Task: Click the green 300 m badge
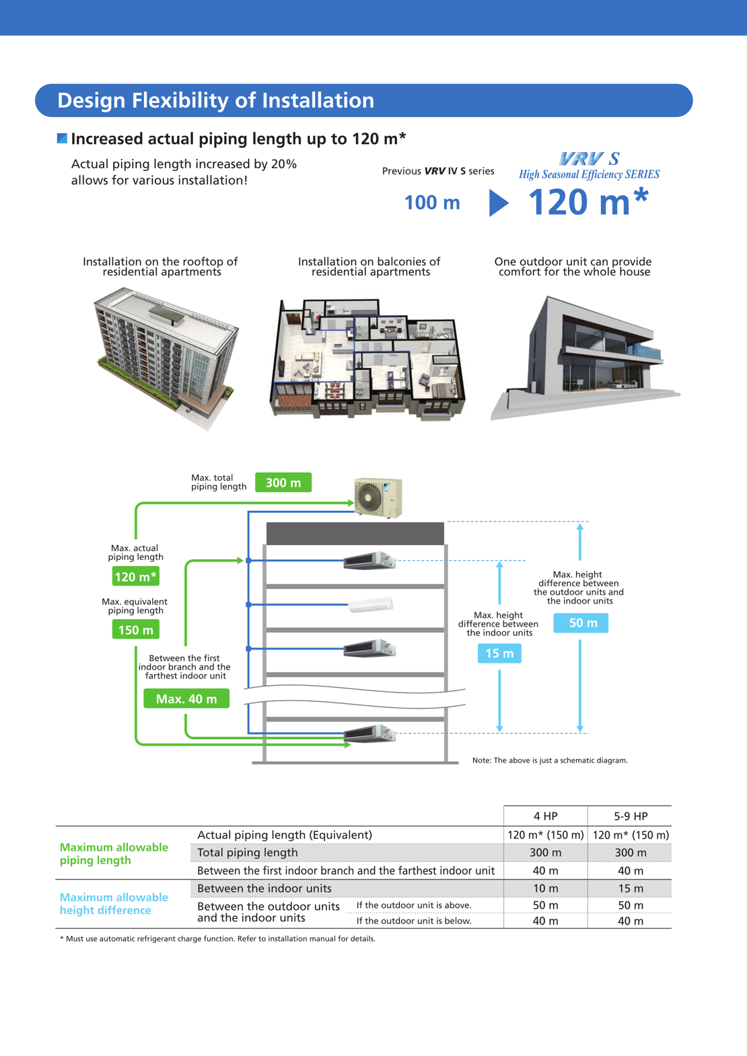(x=283, y=483)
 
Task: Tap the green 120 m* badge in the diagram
(x=135, y=577)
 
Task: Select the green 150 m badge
(x=135, y=630)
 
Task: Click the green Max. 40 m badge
(x=186, y=699)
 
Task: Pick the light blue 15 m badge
(x=499, y=653)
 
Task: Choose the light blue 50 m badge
(x=581, y=623)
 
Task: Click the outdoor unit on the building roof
(x=378, y=497)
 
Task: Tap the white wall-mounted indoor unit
(x=370, y=604)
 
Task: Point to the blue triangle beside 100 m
(x=498, y=203)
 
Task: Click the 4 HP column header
(x=545, y=816)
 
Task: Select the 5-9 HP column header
(x=630, y=816)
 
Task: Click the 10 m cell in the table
(x=545, y=888)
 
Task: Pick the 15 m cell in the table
(x=630, y=888)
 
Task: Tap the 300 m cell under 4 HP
(x=545, y=853)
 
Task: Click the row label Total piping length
(x=248, y=853)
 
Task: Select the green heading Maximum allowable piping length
(x=113, y=853)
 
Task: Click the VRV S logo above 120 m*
(x=589, y=159)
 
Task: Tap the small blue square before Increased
(x=62, y=138)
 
